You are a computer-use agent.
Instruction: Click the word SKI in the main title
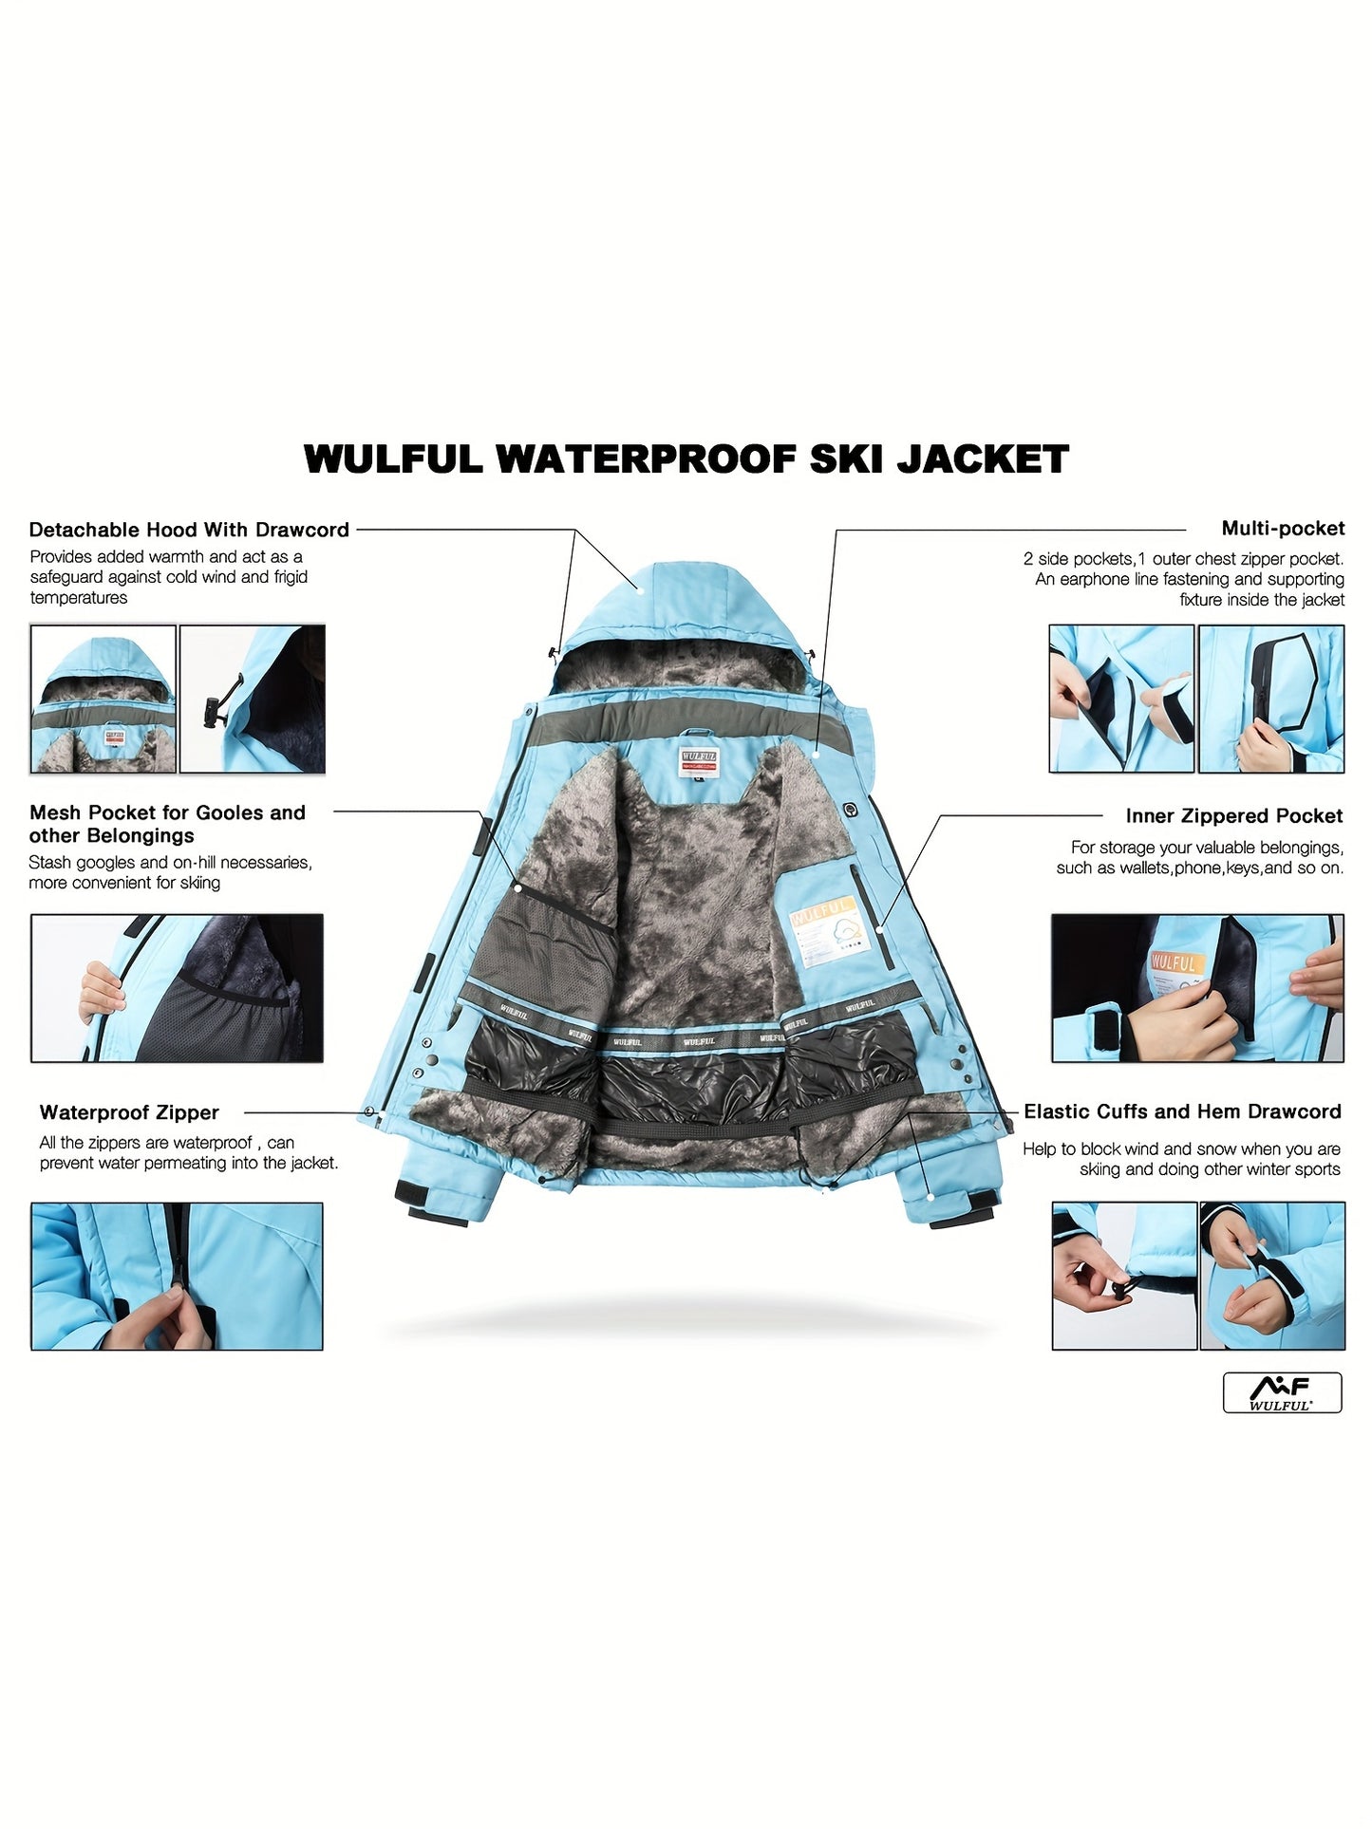click(x=845, y=459)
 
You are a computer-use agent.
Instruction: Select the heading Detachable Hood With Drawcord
click(x=189, y=530)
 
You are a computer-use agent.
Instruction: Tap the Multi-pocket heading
click(x=1283, y=529)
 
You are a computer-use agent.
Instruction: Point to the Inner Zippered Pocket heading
click(x=1234, y=816)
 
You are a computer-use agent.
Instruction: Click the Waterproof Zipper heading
click(x=129, y=1112)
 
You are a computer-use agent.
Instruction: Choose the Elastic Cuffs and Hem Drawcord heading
click(x=1182, y=1111)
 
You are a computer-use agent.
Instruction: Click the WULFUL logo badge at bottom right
click(x=1282, y=1392)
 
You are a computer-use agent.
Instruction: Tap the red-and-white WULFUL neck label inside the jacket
click(x=699, y=761)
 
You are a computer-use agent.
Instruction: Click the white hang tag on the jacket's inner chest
click(x=829, y=936)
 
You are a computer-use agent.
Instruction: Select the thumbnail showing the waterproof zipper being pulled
click(x=177, y=1277)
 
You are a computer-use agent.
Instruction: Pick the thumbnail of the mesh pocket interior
click(x=177, y=988)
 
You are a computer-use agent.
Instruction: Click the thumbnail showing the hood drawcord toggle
click(x=253, y=699)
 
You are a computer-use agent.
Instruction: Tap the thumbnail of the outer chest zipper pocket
click(x=1271, y=699)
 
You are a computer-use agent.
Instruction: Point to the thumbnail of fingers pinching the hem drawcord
click(x=1124, y=1277)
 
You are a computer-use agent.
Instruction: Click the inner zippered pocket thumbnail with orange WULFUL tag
click(x=1198, y=988)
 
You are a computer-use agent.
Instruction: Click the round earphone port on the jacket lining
click(x=850, y=809)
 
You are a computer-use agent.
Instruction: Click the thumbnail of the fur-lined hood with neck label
click(x=103, y=699)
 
